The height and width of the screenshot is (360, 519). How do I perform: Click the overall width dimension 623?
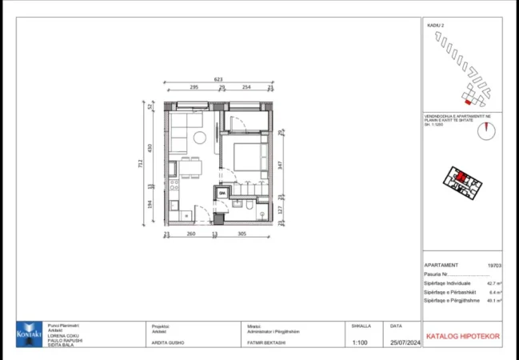tap(218, 79)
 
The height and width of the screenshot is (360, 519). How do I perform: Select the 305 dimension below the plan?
tap(242, 234)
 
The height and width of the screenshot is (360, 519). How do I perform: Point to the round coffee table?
tap(199, 139)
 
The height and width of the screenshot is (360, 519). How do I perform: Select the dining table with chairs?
tap(190, 166)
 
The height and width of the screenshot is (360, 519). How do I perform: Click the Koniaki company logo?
tap(30, 334)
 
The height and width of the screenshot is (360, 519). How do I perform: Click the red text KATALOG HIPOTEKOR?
tap(462, 336)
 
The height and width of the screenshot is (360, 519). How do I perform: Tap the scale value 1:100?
tap(361, 342)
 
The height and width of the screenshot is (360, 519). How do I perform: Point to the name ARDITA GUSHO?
tap(168, 342)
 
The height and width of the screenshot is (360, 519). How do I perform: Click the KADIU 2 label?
tap(436, 26)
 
